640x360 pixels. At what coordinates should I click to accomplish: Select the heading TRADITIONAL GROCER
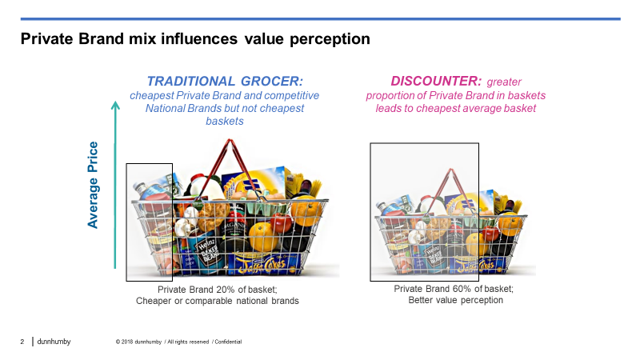click(x=225, y=82)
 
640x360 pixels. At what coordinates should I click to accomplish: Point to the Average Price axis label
click(x=94, y=185)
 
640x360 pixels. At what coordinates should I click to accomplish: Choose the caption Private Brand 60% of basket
click(x=454, y=289)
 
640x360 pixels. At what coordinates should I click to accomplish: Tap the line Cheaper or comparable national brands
click(x=217, y=301)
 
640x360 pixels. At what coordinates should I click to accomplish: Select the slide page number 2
click(x=22, y=342)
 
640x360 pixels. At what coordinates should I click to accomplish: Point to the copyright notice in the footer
click(x=178, y=342)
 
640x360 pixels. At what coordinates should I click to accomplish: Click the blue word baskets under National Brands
click(x=225, y=121)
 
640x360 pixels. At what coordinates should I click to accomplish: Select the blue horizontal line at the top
click(x=320, y=18)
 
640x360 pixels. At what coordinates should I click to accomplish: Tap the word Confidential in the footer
click(x=229, y=342)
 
